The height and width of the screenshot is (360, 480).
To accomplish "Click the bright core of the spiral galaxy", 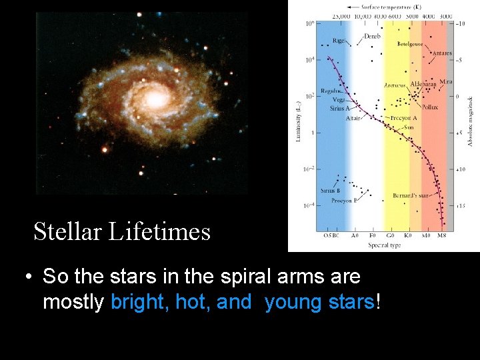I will coord(155,100).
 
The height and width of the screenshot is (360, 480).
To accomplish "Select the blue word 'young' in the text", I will coord(289,303).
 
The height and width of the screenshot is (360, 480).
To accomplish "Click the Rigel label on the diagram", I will coord(339,41).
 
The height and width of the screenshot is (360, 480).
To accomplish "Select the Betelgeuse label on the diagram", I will coord(411,44).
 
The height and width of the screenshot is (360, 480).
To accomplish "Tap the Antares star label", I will coord(441,53).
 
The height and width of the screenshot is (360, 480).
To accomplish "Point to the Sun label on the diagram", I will coord(409,127).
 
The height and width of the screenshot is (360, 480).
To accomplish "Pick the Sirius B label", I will coord(329,191).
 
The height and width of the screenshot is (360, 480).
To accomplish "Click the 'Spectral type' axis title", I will coord(384,245).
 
